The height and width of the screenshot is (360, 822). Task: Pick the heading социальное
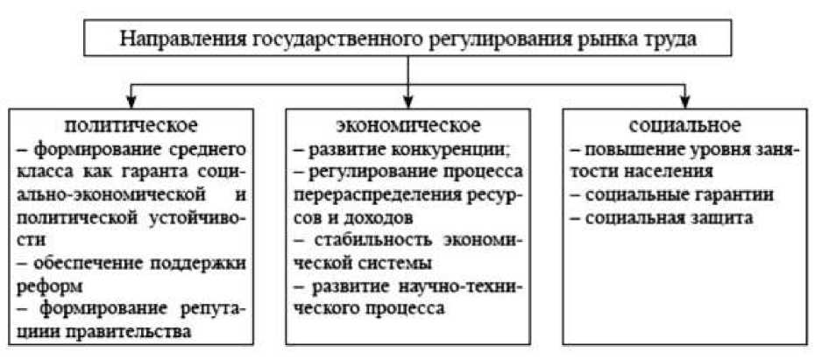tap(684, 123)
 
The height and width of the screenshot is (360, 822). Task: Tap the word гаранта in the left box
tap(174, 168)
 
